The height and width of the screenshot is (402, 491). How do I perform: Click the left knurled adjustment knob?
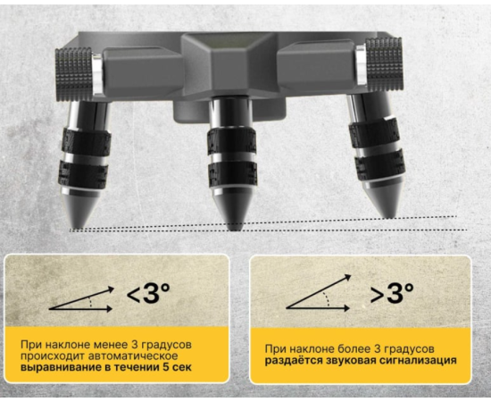tap(74, 74)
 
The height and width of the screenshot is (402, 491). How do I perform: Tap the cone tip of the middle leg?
tap(233, 230)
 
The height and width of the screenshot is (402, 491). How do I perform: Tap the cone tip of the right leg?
tap(389, 217)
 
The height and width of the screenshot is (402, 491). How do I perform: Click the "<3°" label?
tap(148, 293)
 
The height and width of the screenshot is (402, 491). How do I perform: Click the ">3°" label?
tap(392, 293)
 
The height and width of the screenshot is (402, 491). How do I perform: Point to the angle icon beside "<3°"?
tap(80, 299)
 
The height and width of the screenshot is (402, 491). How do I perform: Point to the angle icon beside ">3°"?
tap(318, 293)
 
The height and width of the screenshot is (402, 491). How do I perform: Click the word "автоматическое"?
tap(133, 356)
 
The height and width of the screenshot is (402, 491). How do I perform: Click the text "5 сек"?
tap(178, 367)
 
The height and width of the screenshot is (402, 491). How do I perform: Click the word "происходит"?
tap(53, 356)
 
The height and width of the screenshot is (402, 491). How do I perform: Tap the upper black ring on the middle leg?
tap(232, 141)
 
